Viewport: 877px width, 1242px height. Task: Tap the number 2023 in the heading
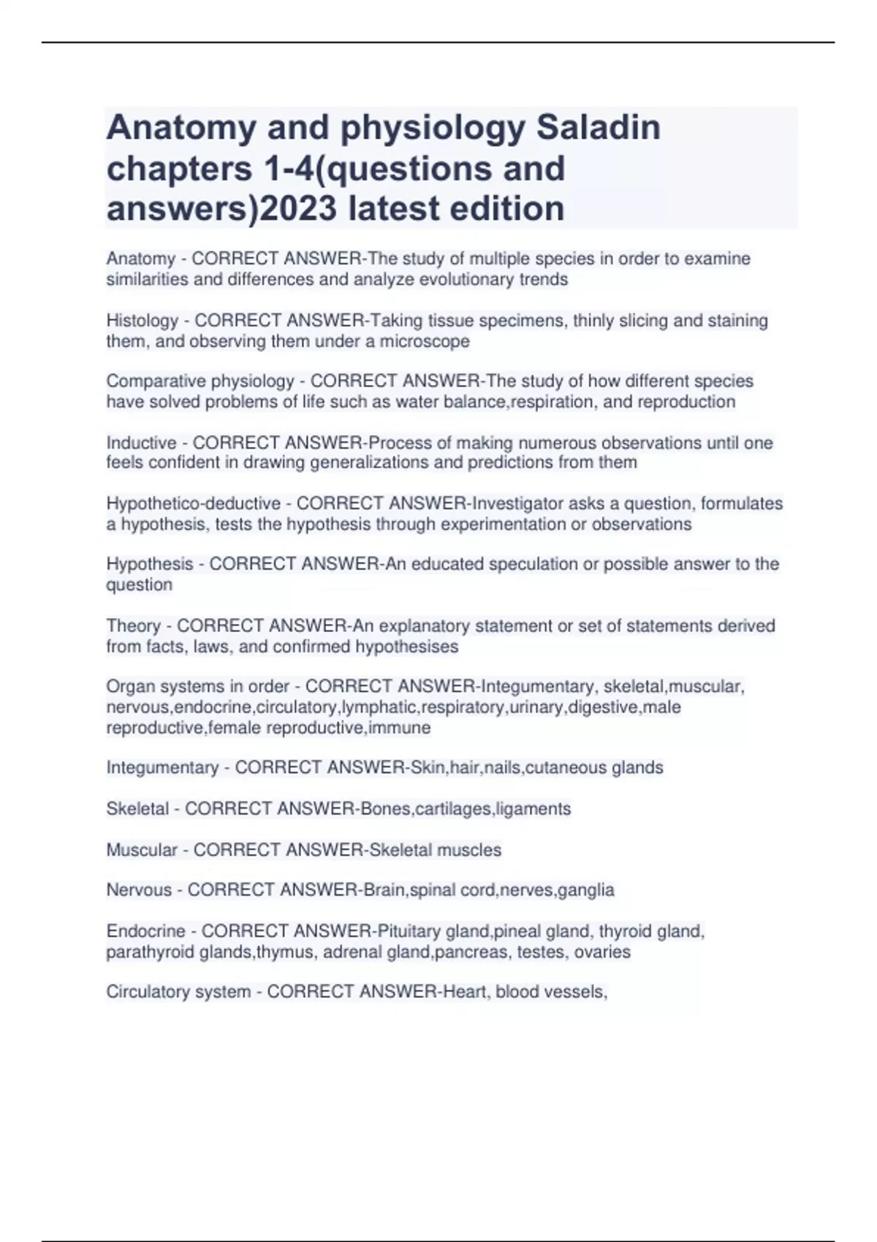tap(299, 208)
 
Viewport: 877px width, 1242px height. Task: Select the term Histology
tap(143, 321)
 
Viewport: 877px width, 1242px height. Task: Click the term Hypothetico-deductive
tap(193, 503)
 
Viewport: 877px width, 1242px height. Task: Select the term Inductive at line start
tap(141, 443)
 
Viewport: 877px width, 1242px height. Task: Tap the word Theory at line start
tap(133, 625)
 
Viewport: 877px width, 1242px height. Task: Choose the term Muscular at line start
tap(142, 850)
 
